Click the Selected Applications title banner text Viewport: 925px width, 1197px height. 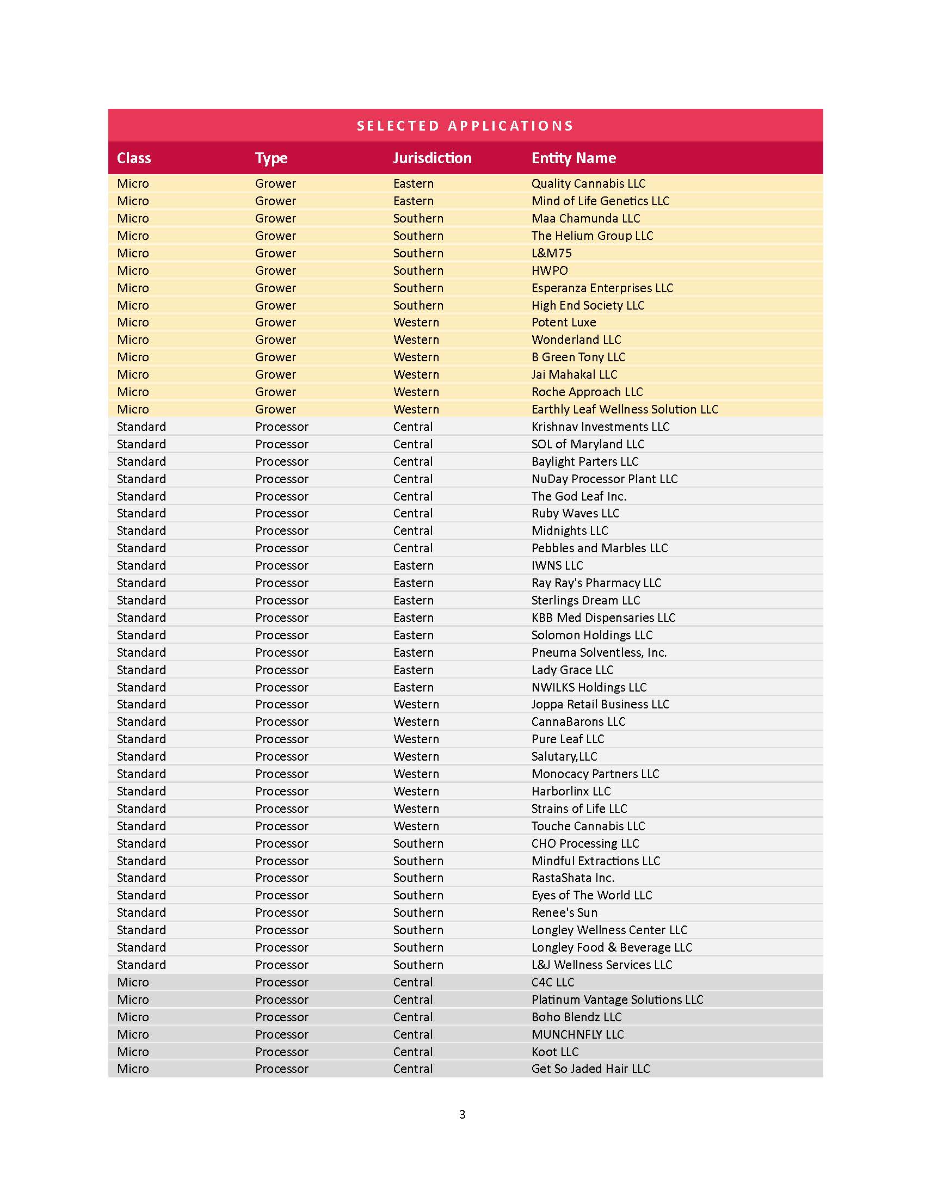[x=465, y=126]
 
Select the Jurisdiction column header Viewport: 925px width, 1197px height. [x=432, y=158]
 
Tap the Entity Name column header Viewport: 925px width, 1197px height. [x=573, y=158]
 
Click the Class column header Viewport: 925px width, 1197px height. [x=134, y=158]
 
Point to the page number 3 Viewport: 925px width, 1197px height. [x=462, y=1114]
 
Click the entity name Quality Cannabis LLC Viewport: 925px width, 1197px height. [x=588, y=183]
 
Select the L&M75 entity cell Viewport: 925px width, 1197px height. [x=551, y=253]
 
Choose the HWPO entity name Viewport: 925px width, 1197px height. [x=550, y=271]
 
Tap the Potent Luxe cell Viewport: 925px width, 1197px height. [x=563, y=322]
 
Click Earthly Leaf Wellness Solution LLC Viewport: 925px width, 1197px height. [x=625, y=409]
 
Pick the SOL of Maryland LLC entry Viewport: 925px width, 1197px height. [x=588, y=444]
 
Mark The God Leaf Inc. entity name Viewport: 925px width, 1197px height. [x=579, y=497]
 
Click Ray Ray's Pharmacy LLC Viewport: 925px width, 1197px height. [x=596, y=583]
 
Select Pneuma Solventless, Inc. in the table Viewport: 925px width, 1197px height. [x=599, y=653]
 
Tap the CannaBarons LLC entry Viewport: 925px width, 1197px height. [x=578, y=722]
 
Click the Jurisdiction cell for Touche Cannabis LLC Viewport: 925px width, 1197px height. [x=416, y=826]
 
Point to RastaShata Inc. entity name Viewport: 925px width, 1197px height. [x=572, y=878]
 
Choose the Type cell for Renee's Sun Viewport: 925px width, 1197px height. [x=282, y=912]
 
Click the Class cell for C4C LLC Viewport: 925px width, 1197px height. [x=133, y=982]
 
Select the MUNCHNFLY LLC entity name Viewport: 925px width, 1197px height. [x=577, y=1034]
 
